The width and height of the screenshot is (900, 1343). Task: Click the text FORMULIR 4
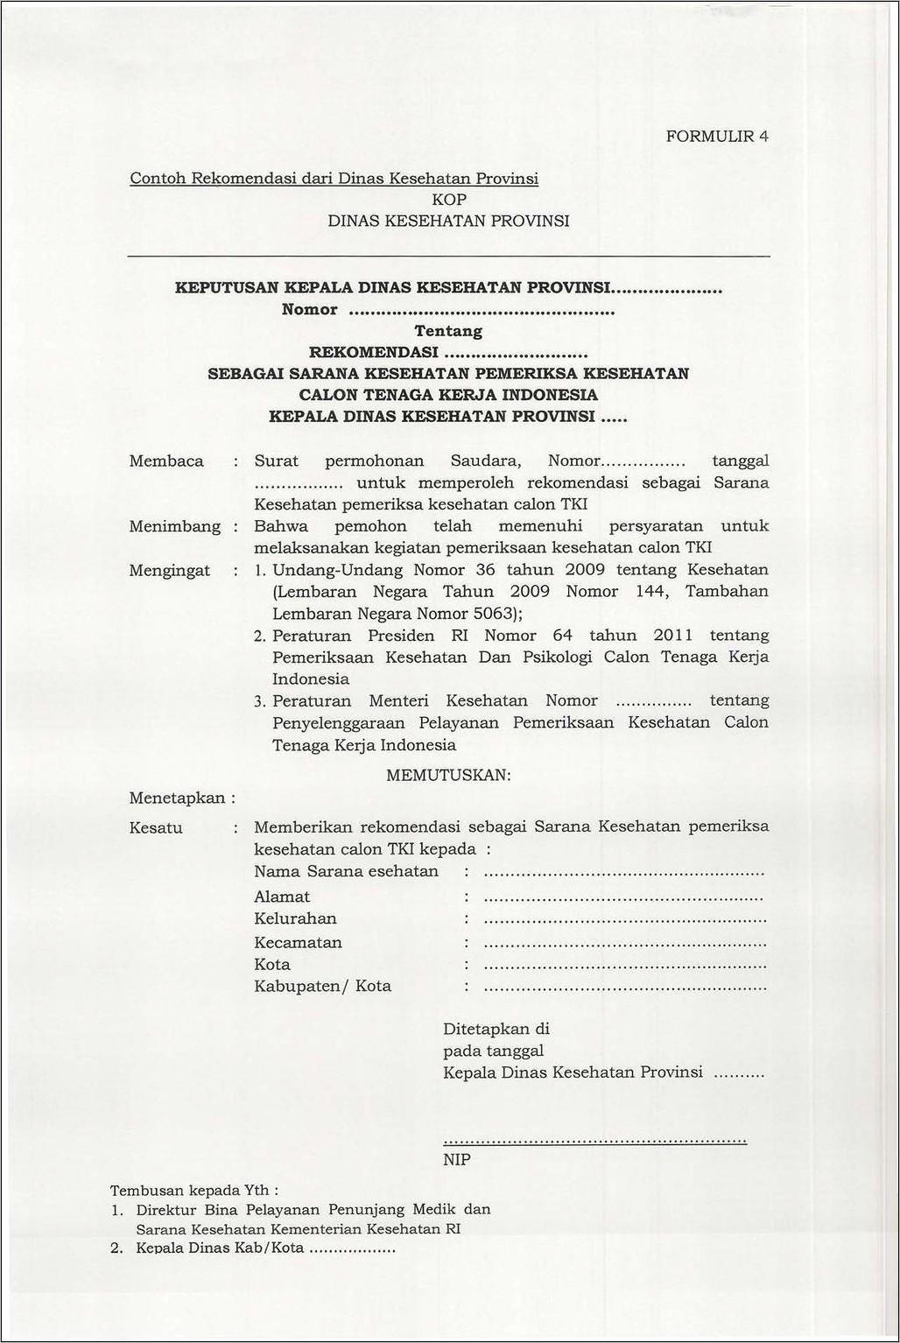coord(717,137)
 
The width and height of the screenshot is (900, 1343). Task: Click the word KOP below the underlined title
coord(449,200)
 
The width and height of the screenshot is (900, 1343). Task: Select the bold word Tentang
coord(448,331)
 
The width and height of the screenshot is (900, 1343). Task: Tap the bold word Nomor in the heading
coord(309,310)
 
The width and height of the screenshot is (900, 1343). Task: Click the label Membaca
coord(166,461)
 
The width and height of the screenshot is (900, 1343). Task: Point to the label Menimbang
coord(174,526)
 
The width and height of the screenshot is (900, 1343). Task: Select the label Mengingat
coord(170,571)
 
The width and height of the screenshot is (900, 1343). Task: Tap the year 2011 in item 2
coord(672,636)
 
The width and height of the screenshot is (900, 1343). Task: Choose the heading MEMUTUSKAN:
coord(448,776)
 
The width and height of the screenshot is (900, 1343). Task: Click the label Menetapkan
coord(179,798)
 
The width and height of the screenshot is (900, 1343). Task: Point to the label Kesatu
coord(156,828)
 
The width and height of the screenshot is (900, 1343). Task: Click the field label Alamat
coord(282,897)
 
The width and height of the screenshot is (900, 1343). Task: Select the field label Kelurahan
coord(295,919)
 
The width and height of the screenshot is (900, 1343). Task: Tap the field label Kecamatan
coord(298,943)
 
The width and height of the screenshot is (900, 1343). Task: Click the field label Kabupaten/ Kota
coord(322,987)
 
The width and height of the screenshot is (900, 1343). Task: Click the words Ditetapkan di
coord(496,1030)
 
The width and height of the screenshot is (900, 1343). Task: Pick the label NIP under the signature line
coord(457,1160)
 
